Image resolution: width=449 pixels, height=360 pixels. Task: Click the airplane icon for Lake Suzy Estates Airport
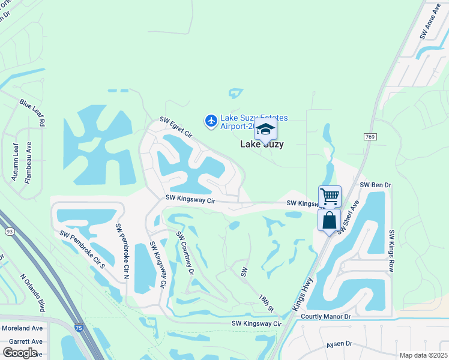tap(211, 121)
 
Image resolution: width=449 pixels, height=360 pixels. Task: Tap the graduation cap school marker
tap(265, 129)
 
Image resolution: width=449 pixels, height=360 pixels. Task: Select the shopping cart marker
tap(330, 196)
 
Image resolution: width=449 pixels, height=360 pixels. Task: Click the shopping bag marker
tap(329, 220)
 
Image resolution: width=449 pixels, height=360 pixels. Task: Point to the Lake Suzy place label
tap(262, 145)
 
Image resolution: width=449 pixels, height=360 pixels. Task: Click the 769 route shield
tap(370, 137)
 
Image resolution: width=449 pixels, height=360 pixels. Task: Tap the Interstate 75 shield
tap(79, 328)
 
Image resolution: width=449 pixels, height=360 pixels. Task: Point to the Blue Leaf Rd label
tap(32, 113)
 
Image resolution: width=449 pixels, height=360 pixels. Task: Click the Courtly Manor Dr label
tap(325, 316)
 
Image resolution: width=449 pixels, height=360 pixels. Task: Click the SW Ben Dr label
tap(375, 185)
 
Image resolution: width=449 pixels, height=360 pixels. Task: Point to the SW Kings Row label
tap(391, 251)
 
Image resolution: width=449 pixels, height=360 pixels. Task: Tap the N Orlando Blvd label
tap(32, 293)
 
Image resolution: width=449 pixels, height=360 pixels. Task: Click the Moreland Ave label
tap(22, 328)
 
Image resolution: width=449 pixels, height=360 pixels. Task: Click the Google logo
tap(20, 353)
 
